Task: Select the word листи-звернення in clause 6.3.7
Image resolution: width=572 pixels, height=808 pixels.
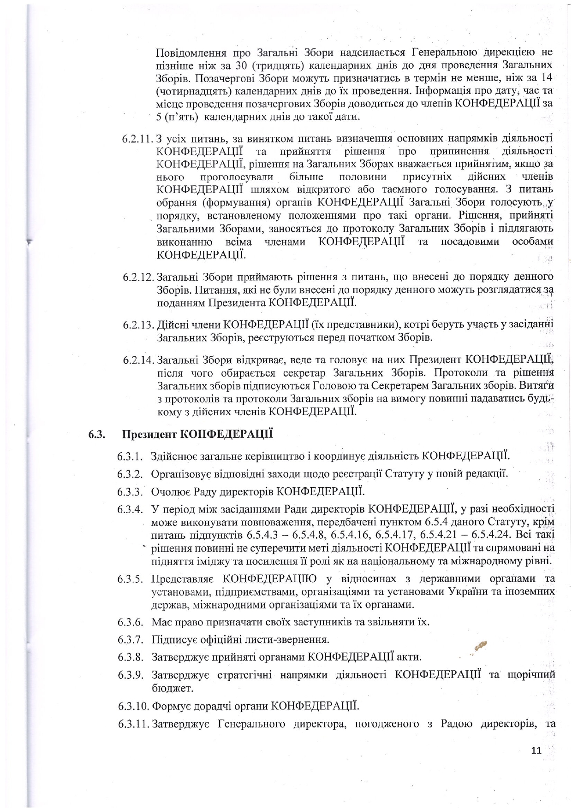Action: tap(291, 640)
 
